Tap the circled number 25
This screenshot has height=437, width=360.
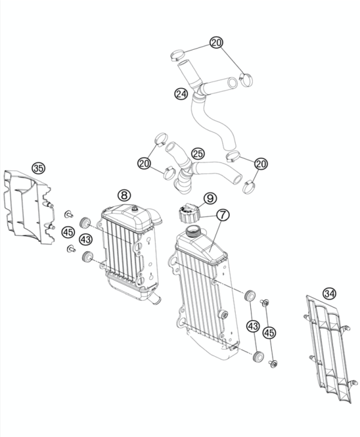coord(197,154)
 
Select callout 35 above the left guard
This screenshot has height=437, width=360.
coord(39,168)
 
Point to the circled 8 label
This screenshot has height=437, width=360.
coord(123,195)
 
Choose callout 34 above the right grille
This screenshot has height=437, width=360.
coord(329,293)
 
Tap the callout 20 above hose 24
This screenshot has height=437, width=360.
coord(217,42)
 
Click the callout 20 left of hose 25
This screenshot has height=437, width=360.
coord(144,163)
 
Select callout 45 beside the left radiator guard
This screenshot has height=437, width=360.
coord(68,232)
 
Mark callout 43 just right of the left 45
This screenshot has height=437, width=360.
coord(86,239)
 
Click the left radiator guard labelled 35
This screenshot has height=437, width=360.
coord(27,207)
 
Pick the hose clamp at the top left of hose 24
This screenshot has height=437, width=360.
coord(176,55)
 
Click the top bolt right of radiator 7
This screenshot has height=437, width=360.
coord(266,302)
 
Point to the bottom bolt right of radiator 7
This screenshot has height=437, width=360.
coord(273,363)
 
